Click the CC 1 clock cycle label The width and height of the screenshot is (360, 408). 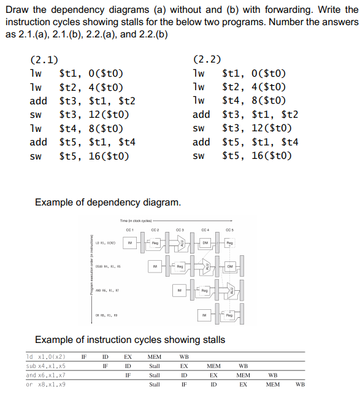129,230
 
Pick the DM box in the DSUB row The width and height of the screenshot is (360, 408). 229,267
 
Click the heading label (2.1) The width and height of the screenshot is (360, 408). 44,60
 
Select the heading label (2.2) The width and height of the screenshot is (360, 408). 207,60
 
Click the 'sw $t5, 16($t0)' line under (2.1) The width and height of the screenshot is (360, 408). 79,156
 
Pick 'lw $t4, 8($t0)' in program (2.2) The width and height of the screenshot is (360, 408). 242,101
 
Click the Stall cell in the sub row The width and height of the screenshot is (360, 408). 155,366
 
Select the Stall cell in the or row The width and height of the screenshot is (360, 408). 155,385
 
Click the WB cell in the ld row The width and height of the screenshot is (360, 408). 184,356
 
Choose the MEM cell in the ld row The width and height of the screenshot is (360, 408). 155,356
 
